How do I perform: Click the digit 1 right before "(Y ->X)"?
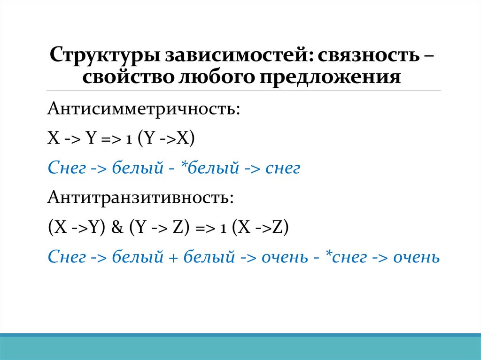coord(128,140)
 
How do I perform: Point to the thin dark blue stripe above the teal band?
coord(240,335)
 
